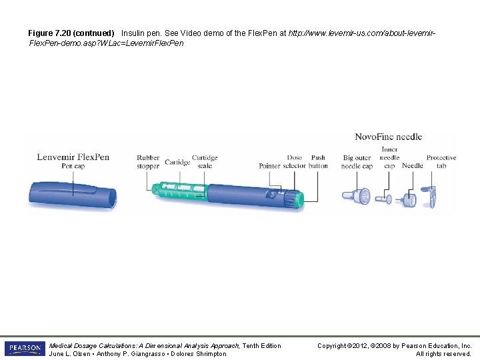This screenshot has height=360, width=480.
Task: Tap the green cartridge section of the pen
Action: tap(177, 191)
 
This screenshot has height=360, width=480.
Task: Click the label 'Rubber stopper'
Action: tap(148, 162)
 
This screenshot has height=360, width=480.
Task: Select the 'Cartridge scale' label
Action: tap(205, 162)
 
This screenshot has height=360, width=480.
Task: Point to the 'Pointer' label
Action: tap(270, 166)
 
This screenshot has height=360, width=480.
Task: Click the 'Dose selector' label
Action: tap(295, 162)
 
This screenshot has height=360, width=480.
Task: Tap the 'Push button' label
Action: tap(318, 162)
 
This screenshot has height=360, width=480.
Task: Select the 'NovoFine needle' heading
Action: tap(388, 137)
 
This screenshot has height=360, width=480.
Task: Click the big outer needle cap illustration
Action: tap(363, 197)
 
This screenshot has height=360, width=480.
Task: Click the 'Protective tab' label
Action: tap(441, 162)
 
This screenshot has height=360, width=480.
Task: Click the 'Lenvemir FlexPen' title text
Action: tap(73, 157)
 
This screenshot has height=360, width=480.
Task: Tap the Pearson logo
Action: tap(24, 349)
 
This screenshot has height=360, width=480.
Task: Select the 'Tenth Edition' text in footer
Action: tap(262, 345)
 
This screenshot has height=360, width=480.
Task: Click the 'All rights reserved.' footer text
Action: tap(443, 353)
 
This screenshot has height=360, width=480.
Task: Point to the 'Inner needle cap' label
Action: tap(390, 157)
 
